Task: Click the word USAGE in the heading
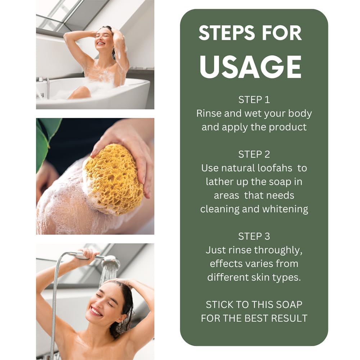251,67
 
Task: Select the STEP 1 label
254,100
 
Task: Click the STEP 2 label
254,154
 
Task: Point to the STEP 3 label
254,236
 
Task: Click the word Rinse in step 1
209,113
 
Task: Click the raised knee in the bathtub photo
80,92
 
